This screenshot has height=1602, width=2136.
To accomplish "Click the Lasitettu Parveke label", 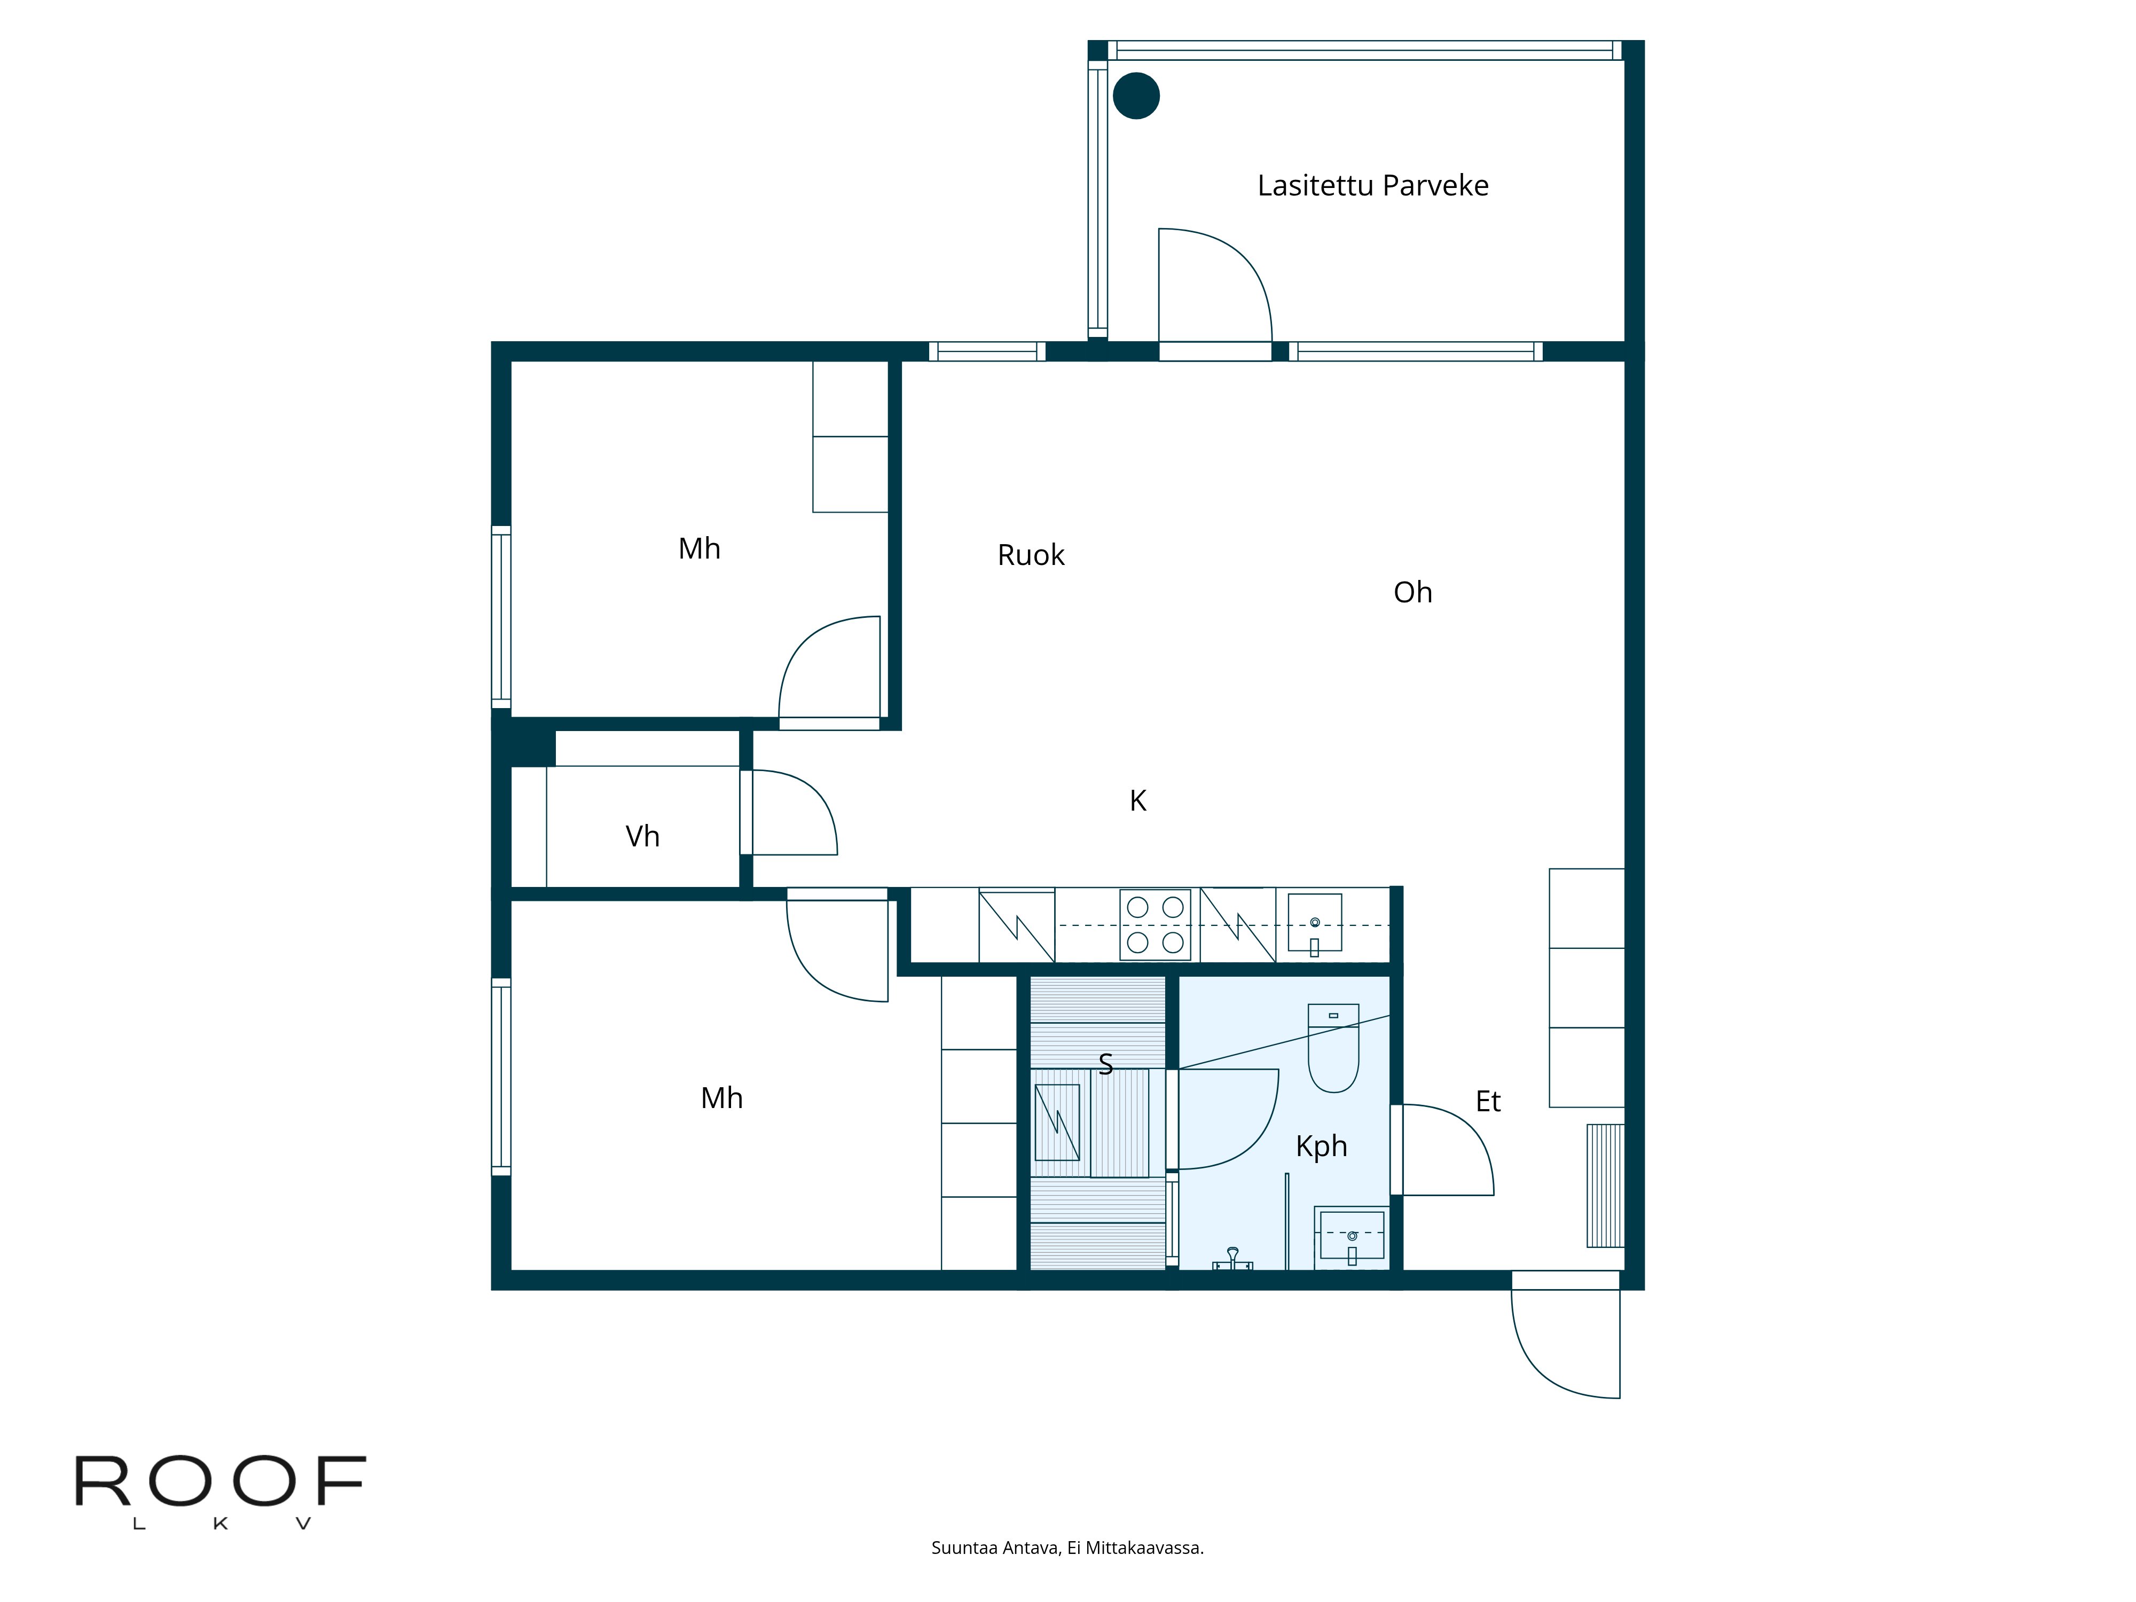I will coord(1372,185).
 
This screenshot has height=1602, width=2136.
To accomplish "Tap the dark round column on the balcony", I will coord(1136,96).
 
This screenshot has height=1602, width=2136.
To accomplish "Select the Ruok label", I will coord(1030,555).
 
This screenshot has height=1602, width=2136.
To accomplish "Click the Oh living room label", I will coord(1412,592).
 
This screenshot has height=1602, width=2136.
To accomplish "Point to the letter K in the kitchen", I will coord(1137,800).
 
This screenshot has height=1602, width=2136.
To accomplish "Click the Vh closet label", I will coord(642,836).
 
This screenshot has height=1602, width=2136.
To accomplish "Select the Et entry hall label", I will coord(1487,1102).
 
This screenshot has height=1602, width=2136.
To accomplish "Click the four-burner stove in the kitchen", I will coord(1155,924).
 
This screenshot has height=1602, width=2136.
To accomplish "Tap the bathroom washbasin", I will coord(1351,1236).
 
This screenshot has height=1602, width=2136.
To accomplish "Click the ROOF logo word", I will coord(220,1481).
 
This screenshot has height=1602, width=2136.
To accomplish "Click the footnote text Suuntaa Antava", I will coord(1067,1548).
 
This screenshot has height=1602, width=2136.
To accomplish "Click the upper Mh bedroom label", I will coord(699,548).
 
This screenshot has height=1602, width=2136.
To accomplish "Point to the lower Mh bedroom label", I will coord(721,1098).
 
